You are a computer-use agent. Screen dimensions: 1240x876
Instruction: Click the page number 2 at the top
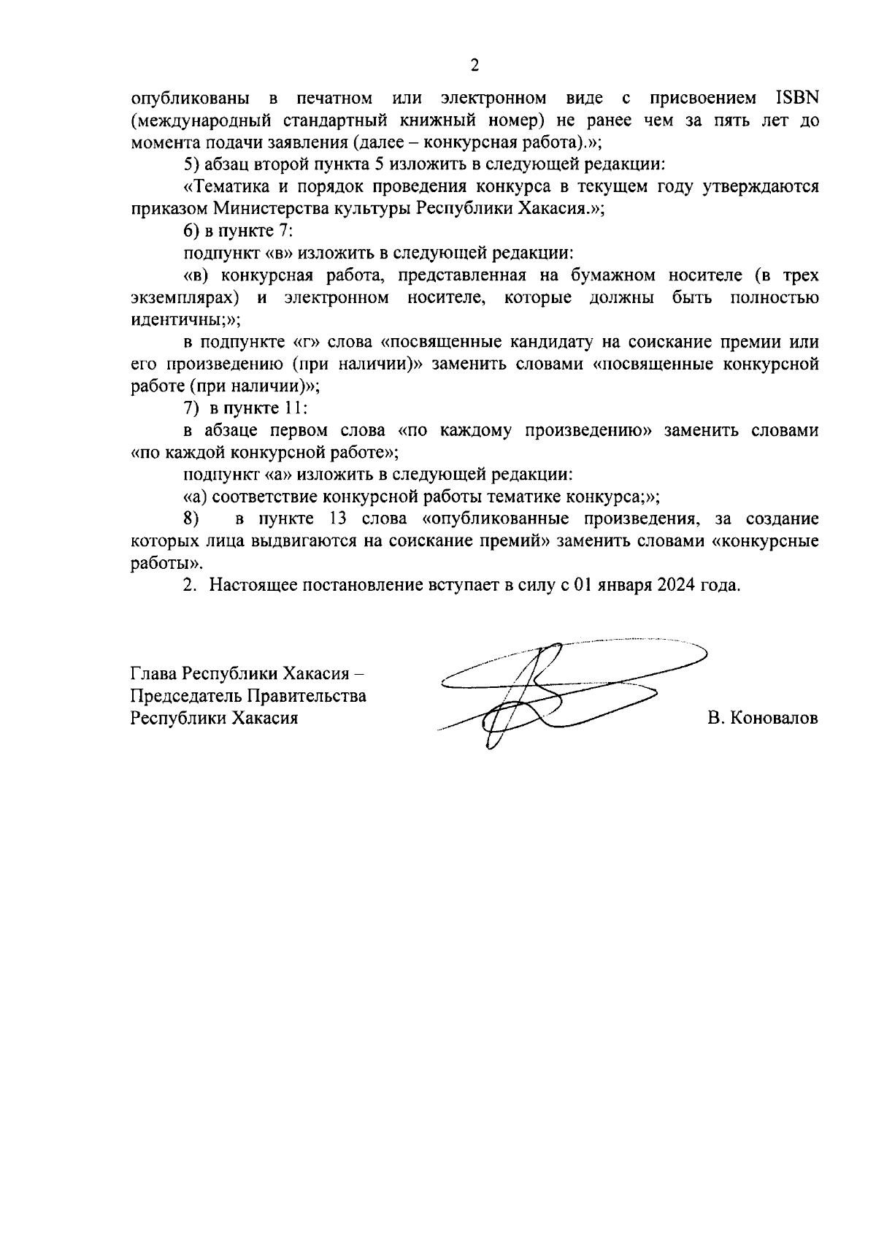(x=474, y=66)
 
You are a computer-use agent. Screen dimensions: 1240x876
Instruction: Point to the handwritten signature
(x=555, y=690)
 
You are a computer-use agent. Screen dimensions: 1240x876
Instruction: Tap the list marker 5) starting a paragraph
(x=191, y=164)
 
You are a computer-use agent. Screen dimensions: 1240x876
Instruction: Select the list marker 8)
(x=191, y=519)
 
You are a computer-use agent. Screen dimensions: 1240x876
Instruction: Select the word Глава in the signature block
(x=154, y=673)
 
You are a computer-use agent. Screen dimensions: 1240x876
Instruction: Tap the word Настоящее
(x=253, y=586)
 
